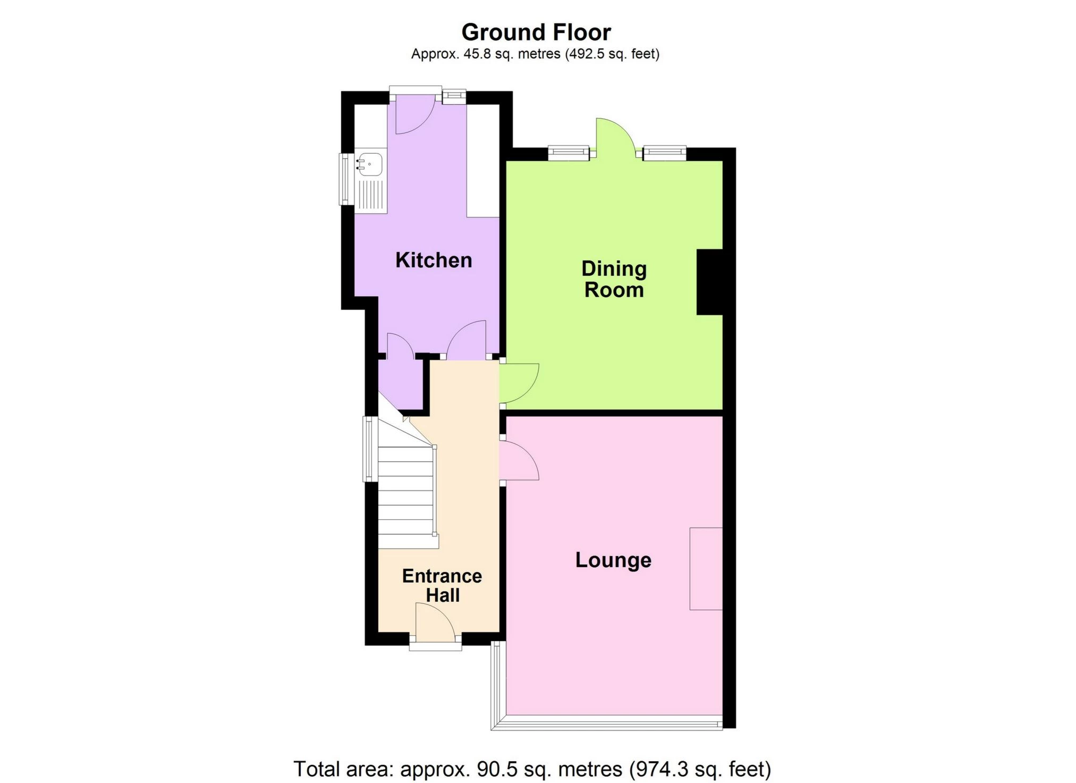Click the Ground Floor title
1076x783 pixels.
click(x=536, y=32)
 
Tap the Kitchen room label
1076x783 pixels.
click(x=434, y=260)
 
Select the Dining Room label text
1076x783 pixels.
click(x=614, y=279)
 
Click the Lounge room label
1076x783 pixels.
click(x=613, y=560)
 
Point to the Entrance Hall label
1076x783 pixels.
click(x=442, y=585)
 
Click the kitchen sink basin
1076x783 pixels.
click(x=370, y=164)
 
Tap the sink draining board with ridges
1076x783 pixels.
click(x=371, y=195)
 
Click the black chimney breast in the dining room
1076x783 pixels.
click(x=709, y=282)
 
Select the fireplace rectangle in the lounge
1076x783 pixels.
click(x=706, y=568)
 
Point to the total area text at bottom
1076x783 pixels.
click(x=532, y=769)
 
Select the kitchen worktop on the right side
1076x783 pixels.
click(x=483, y=161)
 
